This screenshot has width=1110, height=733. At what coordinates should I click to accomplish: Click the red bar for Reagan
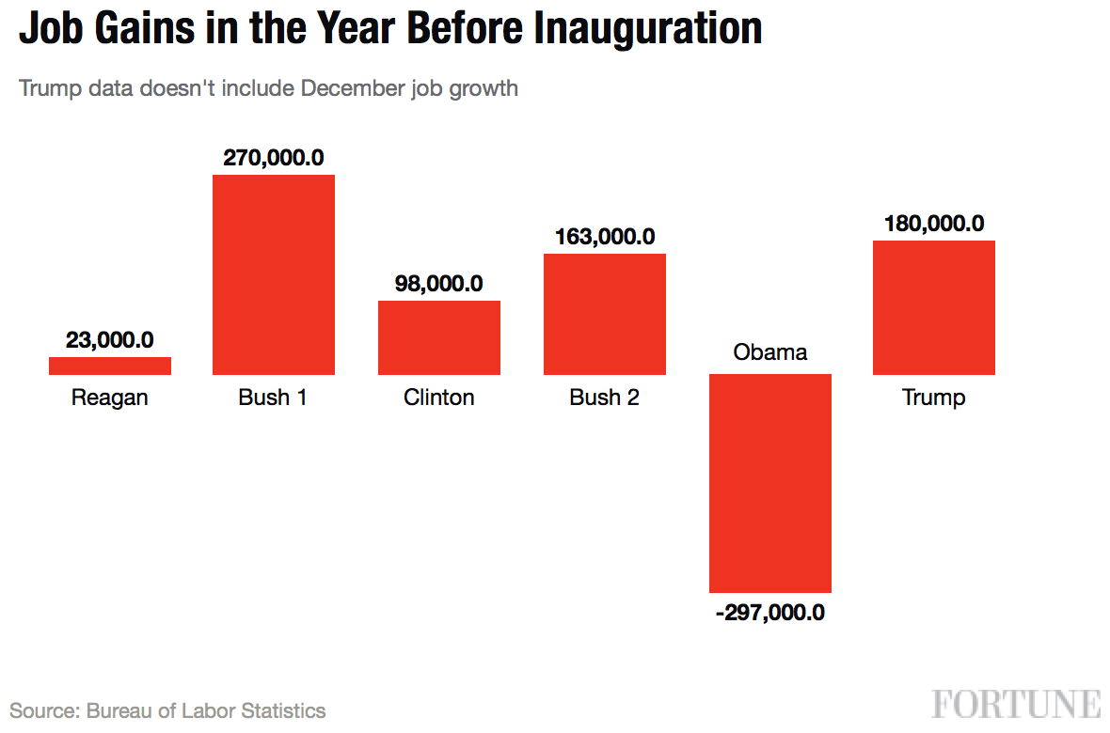click(110, 366)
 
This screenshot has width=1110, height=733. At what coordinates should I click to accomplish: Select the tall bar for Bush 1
click(274, 275)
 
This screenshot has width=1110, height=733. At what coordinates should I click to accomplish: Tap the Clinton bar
click(439, 338)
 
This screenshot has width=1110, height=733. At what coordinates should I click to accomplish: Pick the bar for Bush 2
click(605, 315)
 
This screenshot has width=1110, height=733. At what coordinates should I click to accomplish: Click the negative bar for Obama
click(770, 482)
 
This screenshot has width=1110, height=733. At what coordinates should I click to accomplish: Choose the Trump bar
click(934, 308)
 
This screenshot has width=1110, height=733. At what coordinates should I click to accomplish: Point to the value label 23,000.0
click(110, 340)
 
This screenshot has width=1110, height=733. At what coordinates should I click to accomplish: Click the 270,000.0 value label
click(274, 157)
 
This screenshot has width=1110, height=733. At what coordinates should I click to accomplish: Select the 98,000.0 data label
click(439, 283)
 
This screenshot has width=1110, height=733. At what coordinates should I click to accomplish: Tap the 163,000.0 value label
click(605, 236)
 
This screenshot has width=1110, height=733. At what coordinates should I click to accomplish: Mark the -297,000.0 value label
click(770, 613)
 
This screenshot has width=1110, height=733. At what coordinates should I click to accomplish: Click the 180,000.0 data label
click(934, 224)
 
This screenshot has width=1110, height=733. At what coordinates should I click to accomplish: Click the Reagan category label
click(110, 398)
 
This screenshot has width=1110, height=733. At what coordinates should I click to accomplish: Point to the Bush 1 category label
click(273, 398)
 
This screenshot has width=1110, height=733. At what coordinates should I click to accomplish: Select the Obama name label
click(770, 352)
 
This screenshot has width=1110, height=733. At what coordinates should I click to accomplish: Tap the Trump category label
click(934, 398)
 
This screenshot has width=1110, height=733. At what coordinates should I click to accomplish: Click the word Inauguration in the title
click(648, 28)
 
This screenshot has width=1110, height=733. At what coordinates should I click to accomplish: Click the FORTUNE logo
click(1016, 704)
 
